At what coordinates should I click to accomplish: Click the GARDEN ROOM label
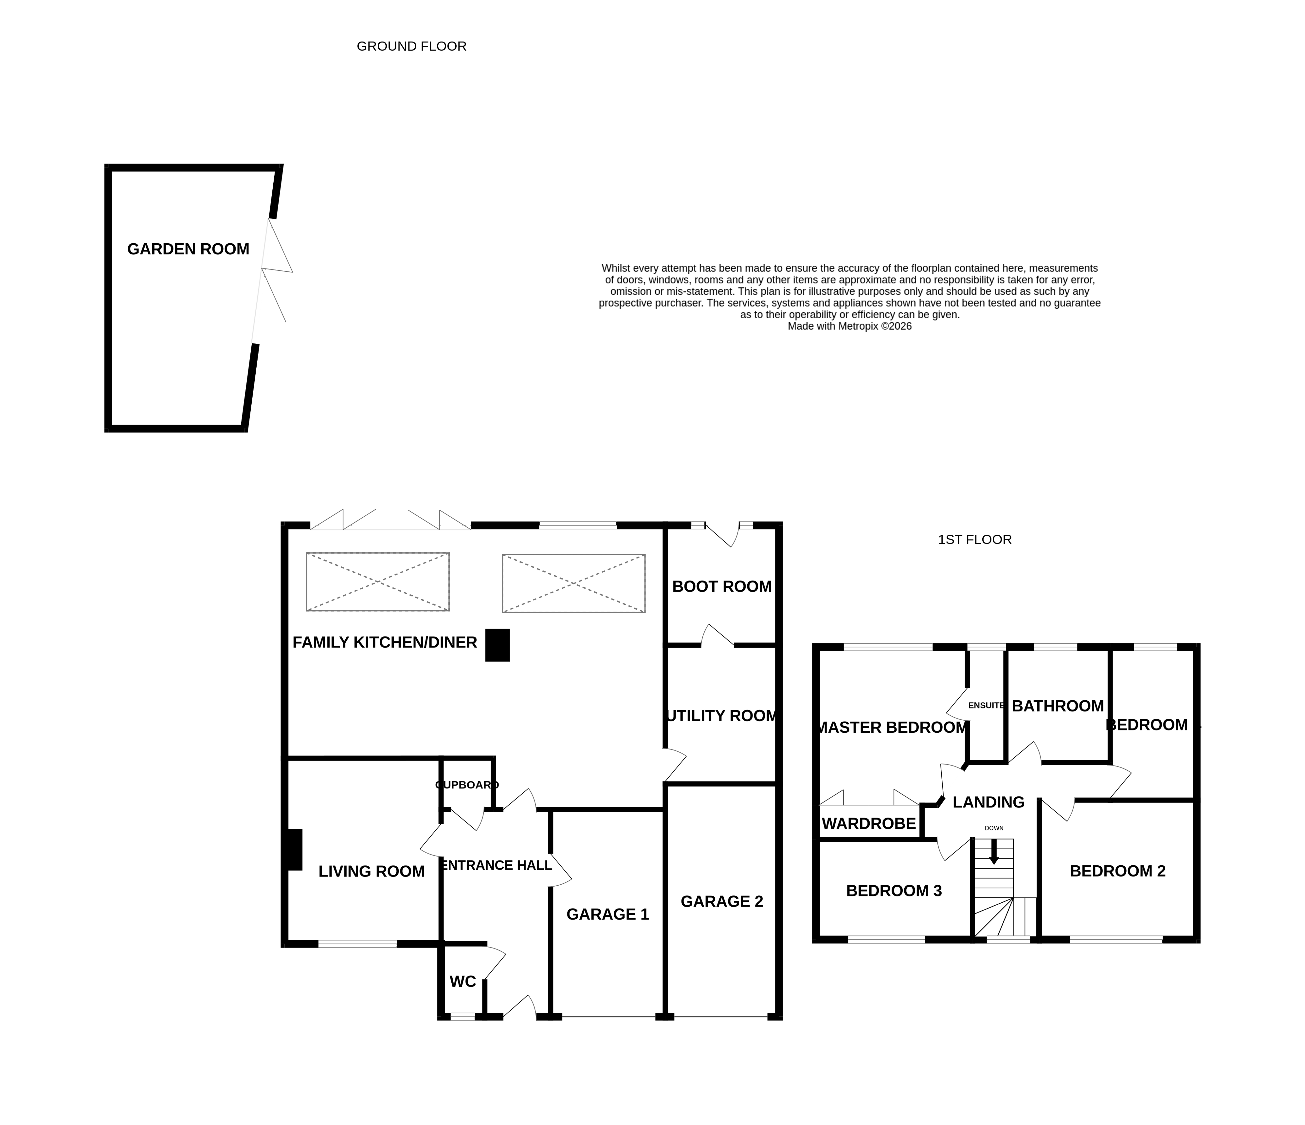tap(188, 249)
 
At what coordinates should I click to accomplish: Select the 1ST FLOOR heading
tap(974, 540)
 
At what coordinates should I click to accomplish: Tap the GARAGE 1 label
tap(607, 914)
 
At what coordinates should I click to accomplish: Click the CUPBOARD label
tap(467, 785)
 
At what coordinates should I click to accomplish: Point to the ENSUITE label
tap(986, 706)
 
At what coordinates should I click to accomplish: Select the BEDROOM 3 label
tap(894, 891)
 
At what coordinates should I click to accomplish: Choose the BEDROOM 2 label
tap(1117, 871)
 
